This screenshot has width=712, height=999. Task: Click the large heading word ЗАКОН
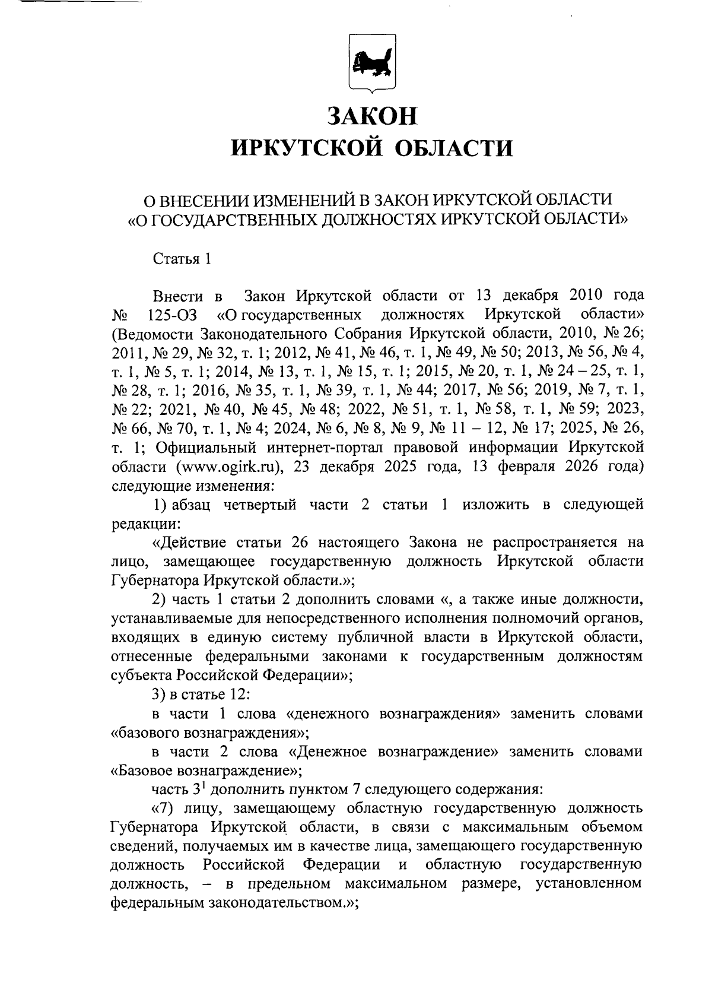tap(373, 116)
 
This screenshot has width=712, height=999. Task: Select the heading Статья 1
tap(182, 259)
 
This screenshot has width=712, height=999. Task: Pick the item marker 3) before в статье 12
tap(159, 694)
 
